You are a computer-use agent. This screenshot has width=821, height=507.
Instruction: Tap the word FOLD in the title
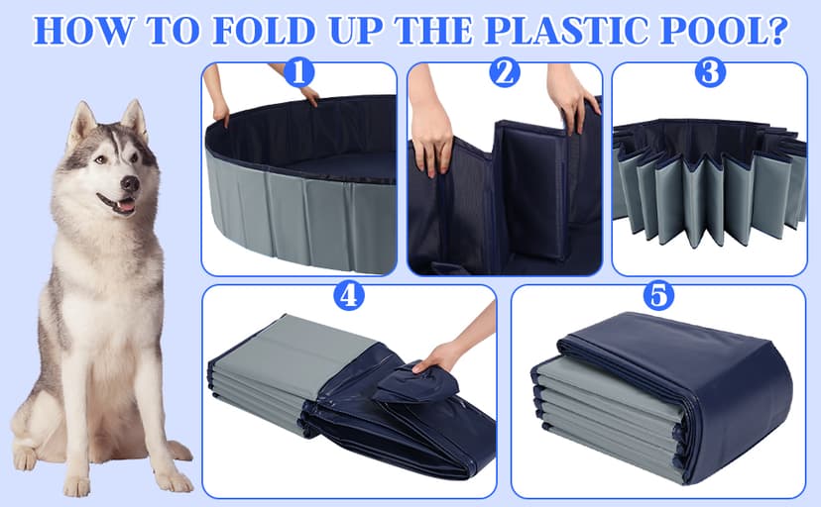click(260, 31)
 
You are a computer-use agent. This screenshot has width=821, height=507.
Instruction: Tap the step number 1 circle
click(298, 73)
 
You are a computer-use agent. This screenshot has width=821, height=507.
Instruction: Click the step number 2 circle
click(505, 73)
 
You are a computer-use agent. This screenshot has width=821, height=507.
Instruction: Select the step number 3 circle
click(709, 73)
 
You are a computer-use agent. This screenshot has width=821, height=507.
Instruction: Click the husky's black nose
click(129, 184)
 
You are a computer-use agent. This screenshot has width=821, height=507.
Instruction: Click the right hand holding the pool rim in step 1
click(309, 95)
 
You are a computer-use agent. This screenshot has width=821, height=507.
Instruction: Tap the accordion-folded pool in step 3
click(709, 183)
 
